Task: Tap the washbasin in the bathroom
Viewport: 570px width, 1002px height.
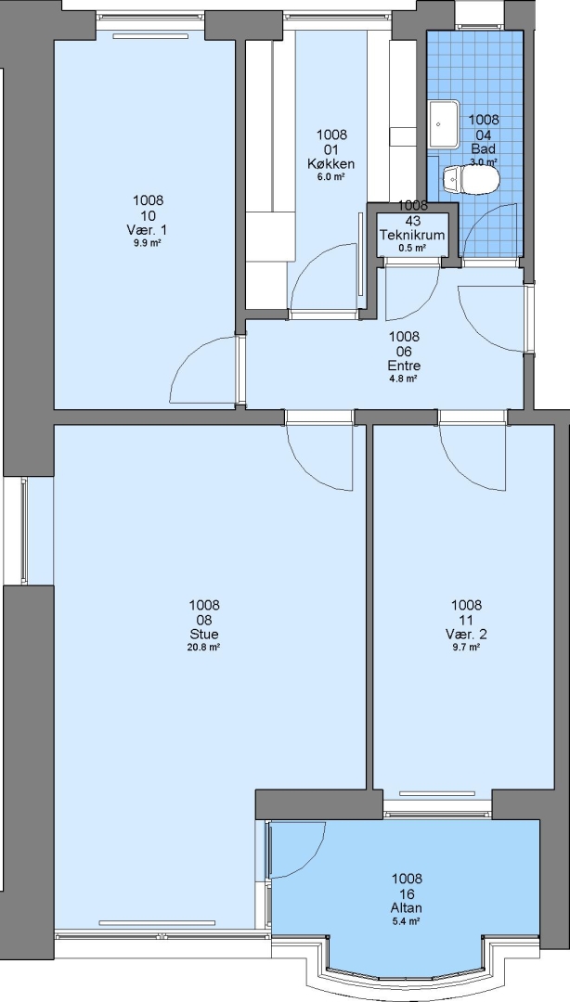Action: tap(444, 124)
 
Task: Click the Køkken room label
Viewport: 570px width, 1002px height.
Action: tap(331, 164)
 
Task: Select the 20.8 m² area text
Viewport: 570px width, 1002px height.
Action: tap(204, 648)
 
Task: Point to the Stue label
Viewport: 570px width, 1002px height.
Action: tap(204, 635)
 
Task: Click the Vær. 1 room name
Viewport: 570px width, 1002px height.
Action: tap(148, 230)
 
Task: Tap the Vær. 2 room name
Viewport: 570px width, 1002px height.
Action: tap(466, 635)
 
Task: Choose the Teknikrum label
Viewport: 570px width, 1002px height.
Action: tap(412, 235)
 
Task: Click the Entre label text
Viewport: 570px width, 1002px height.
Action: tap(405, 366)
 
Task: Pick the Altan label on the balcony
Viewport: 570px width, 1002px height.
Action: tap(407, 908)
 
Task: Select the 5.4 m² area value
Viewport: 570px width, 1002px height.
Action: tap(407, 921)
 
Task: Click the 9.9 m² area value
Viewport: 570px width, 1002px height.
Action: tap(148, 243)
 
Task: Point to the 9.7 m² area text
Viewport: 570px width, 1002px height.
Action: tap(466, 648)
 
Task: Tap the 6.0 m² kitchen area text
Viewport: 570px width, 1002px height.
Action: tap(331, 177)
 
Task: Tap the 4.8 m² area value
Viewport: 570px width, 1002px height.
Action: tap(405, 379)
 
